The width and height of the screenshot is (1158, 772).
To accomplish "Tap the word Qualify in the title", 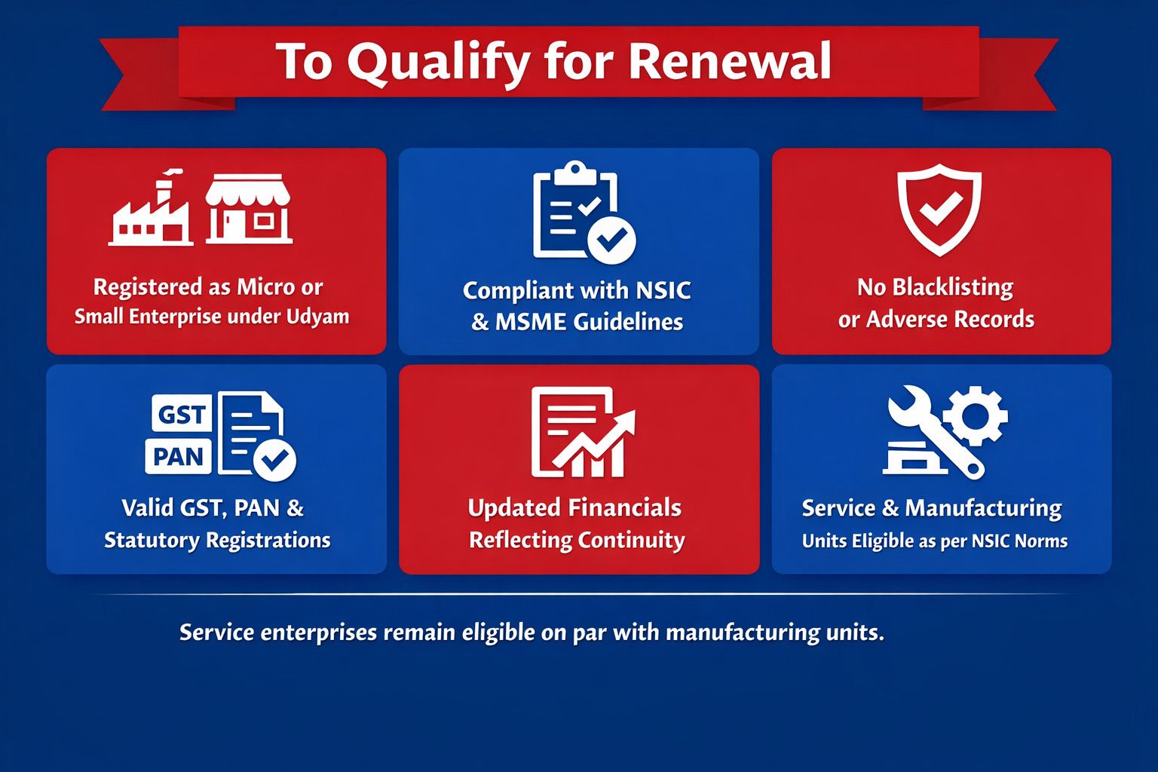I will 439,63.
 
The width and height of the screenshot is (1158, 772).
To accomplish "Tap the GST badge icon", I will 181,414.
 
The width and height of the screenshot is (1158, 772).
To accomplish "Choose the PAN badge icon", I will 178,456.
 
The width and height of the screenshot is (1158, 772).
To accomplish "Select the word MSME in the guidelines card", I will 531,322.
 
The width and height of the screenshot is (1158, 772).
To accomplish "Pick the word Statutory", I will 152,541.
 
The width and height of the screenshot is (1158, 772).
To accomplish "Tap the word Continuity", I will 631,541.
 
